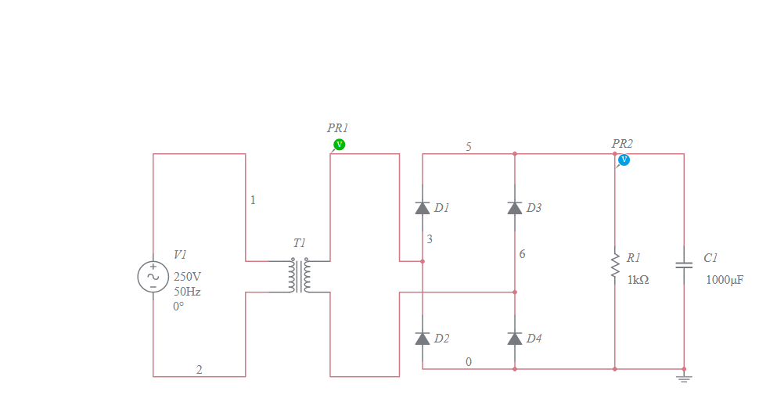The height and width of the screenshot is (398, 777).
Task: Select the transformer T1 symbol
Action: pyautogui.click(x=300, y=276)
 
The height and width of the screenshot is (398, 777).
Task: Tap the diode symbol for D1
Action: pyautogui.click(x=423, y=208)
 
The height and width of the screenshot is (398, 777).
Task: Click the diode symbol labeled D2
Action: pyautogui.click(x=423, y=338)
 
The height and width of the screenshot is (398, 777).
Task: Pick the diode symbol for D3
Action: pyautogui.click(x=515, y=208)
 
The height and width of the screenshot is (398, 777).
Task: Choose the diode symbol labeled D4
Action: pyautogui.click(x=515, y=338)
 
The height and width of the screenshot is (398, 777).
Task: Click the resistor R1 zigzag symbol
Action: pyautogui.click(x=615, y=267)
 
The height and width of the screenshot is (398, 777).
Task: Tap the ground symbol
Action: pyautogui.click(x=684, y=378)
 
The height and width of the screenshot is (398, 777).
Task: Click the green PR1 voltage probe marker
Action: pyautogui.click(x=339, y=145)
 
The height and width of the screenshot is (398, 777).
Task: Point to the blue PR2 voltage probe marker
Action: pyautogui.click(x=624, y=160)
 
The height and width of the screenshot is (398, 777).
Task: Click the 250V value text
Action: pyautogui.click(x=187, y=277)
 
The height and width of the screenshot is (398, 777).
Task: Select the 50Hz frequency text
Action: pyautogui.click(x=187, y=292)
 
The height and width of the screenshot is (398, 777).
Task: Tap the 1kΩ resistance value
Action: pyautogui.click(x=638, y=279)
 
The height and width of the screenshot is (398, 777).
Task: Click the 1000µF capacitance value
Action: pyautogui.click(x=725, y=279)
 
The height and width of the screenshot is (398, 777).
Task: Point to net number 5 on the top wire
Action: pyautogui.click(x=469, y=146)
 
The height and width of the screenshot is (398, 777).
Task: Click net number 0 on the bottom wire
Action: pyautogui.click(x=469, y=361)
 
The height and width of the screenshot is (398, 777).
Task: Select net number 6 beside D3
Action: pyautogui.click(x=522, y=254)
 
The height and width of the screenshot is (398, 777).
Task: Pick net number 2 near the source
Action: pyautogui.click(x=199, y=369)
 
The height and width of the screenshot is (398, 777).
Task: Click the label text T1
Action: pyautogui.click(x=300, y=243)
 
